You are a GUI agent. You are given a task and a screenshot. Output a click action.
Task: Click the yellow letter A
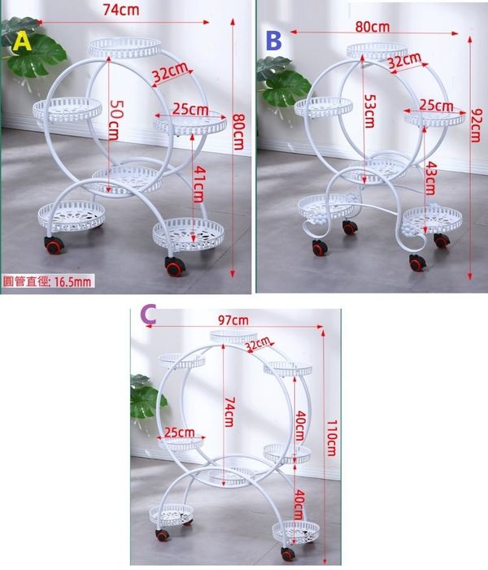click(23, 41)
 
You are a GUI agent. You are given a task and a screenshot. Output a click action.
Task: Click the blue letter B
click(274, 41)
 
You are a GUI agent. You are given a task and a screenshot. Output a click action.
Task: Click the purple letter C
click(148, 315)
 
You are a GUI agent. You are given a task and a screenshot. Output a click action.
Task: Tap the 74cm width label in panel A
click(121, 10)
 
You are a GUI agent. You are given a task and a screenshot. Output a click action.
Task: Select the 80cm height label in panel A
click(238, 132)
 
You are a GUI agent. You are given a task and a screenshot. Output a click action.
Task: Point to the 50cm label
click(117, 120)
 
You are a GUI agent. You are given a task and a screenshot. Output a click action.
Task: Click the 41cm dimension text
click(198, 184)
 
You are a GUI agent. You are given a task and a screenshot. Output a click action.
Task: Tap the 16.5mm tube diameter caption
click(48, 281)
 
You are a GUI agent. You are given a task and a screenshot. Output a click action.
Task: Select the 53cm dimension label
click(369, 111)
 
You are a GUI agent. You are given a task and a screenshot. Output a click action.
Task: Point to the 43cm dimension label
click(430, 178)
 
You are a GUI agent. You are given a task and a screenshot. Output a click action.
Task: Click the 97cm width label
click(233, 320)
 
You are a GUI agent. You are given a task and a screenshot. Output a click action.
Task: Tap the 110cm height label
click(332, 438)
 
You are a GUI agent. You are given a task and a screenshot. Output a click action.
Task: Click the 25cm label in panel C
click(179, 433)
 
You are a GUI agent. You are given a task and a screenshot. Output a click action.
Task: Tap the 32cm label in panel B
click(404, 60)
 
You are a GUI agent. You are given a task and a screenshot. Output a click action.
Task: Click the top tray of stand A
click(124, 48)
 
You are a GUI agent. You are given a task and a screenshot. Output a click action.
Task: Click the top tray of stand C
click(233, 337)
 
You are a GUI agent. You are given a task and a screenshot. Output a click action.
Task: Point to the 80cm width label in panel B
click(373, 27)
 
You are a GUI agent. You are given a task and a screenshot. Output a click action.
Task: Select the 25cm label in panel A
click(190, 109)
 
